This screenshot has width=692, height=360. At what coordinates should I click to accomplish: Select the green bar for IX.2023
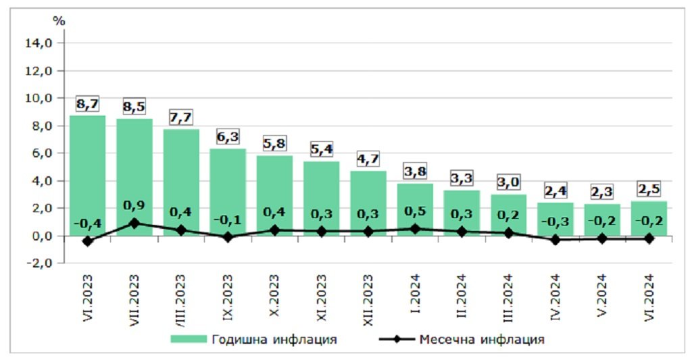tap(227, 189)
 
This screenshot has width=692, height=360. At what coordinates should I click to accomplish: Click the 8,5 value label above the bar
tap(134, 107)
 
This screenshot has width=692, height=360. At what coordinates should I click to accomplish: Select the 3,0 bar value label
tap(508, 183)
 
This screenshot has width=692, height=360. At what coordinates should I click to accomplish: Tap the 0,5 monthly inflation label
tap(415, 212)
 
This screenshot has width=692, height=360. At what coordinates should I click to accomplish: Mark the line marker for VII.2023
tap(134, 223)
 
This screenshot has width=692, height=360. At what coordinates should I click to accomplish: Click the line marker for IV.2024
tap(555, 240)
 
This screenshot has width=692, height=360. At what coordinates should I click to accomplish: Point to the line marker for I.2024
tap(415, 229)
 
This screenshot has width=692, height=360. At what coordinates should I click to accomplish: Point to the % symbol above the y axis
tap(59, 21)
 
